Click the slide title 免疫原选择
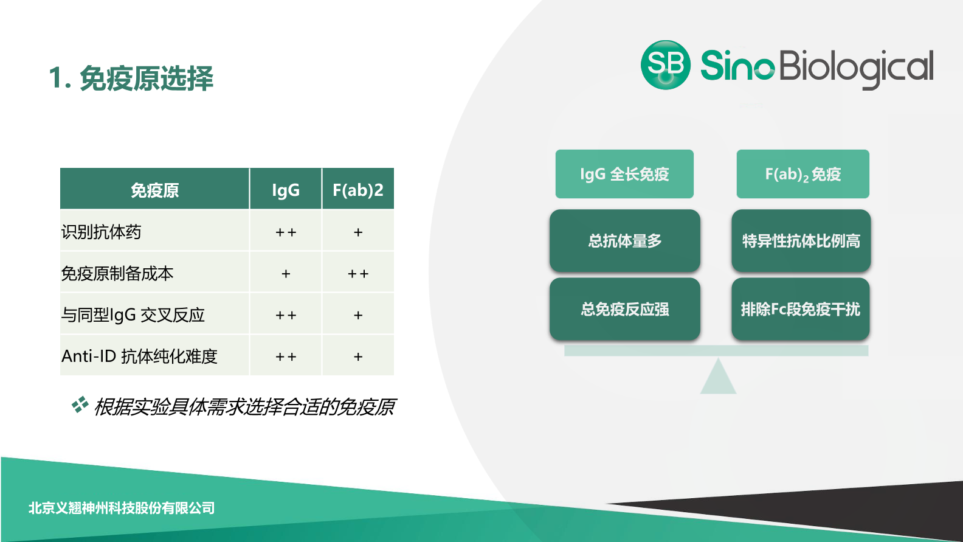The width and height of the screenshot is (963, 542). (146, 78)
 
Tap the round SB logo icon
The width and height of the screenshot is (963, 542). (665, 65)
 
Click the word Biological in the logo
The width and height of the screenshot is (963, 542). (855, 67)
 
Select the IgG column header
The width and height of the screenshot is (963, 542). (285, 190)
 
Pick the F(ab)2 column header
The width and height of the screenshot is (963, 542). (357, 190)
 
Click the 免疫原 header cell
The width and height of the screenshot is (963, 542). (154, 190)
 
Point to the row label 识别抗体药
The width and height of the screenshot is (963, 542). (102, 232)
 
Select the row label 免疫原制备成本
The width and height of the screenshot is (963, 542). (117, 273)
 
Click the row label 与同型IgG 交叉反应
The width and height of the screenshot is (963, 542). (133, 314)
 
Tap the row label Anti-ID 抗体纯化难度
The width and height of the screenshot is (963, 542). (139, 356)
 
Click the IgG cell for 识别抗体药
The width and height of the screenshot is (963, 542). (285, 232)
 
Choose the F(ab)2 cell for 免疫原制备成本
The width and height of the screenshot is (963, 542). (357, 274)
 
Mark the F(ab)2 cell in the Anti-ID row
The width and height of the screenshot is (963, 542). (357, 356)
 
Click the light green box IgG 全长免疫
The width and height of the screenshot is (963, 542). (624, 174)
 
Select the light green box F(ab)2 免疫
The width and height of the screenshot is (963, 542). (802, 174)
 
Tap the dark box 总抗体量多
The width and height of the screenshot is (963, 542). (624, 241)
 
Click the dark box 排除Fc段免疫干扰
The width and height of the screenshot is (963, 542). (800, 309)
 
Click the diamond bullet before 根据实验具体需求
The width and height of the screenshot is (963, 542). (80, 405)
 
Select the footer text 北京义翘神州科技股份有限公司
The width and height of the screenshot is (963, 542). (122, 508)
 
